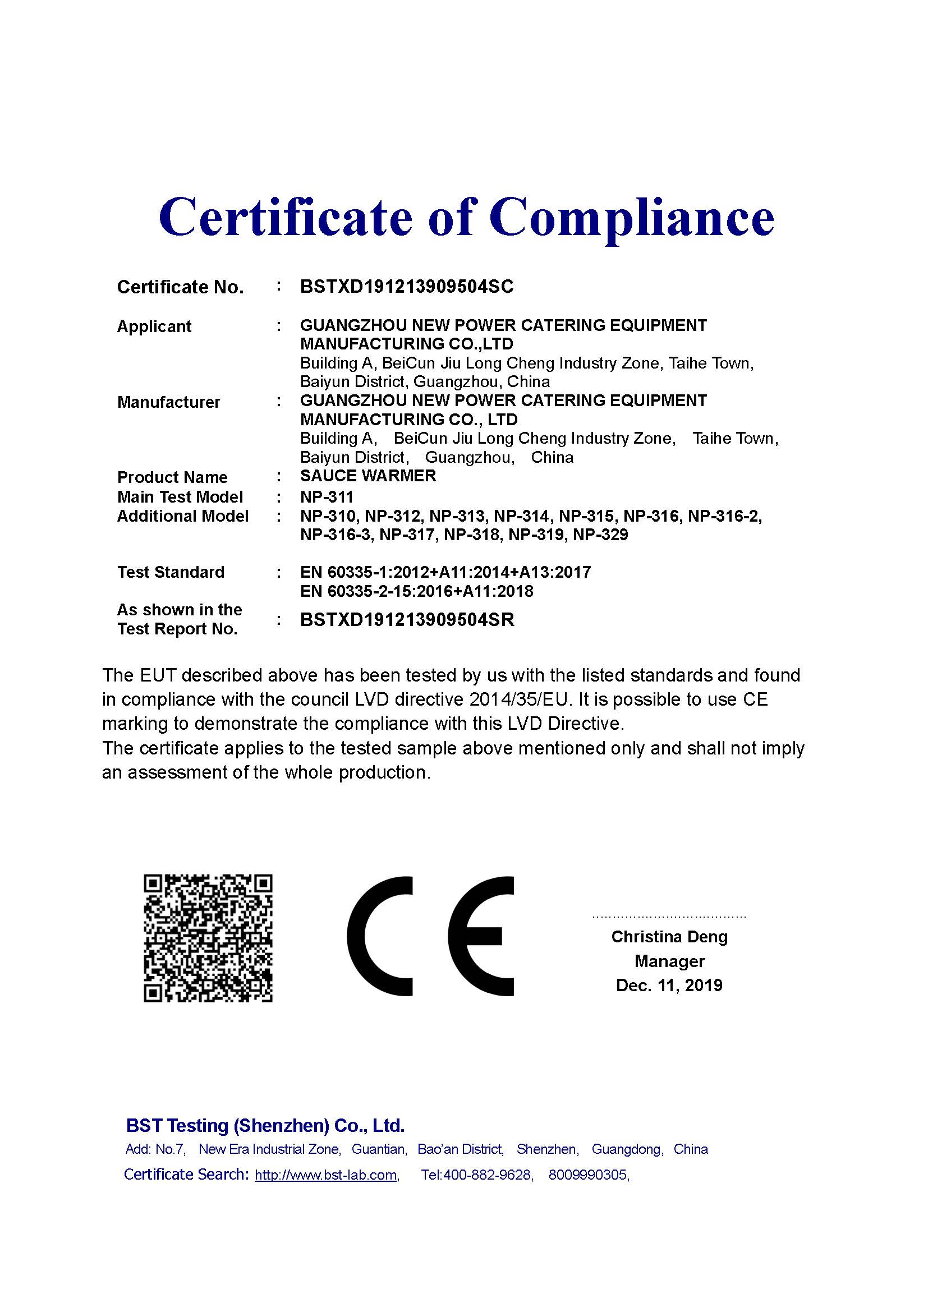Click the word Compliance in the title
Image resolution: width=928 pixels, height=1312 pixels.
point(631,218)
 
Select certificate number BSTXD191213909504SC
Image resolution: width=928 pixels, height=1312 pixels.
point(407,287)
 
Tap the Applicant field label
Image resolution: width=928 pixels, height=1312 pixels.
point(154,327)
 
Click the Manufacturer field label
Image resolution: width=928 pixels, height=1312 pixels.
point(168,402)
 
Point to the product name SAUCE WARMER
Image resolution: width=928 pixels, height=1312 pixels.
point(368,476)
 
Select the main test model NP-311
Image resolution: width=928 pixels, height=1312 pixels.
point(327,497)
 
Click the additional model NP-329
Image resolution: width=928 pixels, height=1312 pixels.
point(600,536)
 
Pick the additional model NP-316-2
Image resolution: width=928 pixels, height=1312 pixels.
point(724,517)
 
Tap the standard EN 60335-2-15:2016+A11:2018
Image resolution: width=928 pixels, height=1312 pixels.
point(416,591)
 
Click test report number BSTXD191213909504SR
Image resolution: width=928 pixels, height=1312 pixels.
point(407,620)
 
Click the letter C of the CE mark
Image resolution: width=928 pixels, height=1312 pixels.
point(379,936)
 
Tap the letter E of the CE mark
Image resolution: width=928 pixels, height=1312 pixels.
point(480,936)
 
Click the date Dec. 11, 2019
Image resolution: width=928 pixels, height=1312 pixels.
point(669,985)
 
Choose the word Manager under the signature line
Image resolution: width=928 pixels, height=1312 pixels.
point(669,961)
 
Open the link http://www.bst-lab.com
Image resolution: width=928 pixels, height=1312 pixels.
point(327,1175)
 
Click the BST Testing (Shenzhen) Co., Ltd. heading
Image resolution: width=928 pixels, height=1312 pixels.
point(265,1126)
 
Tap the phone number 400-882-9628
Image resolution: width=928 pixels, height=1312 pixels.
point(488,1175)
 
